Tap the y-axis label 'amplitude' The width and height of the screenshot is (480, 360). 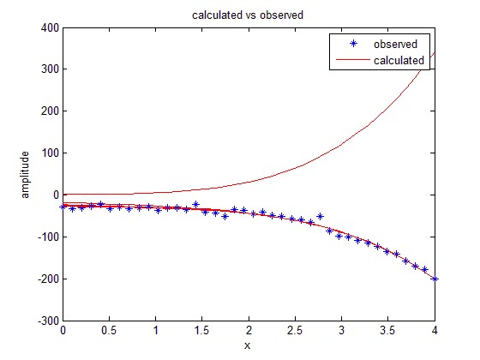[x=26, y=174]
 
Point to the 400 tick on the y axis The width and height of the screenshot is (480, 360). [x=48, y=27]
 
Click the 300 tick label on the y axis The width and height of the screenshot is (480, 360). [x=48, y=69]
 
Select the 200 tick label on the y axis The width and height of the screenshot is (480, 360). [x=48, y=111]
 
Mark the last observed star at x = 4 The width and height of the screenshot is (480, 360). [x=435, y=279]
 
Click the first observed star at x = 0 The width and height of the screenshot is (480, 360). [x=63, y=207]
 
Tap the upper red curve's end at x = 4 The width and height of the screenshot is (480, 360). [x=435, y=52]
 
